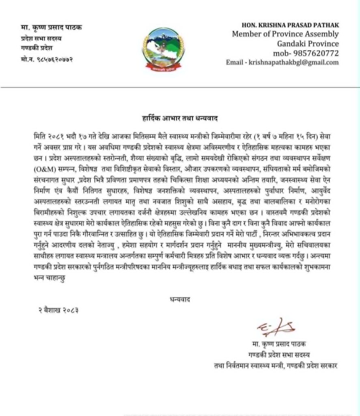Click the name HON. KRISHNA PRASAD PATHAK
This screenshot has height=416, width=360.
coord(290,25)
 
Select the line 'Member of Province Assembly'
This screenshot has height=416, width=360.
coord(285,34)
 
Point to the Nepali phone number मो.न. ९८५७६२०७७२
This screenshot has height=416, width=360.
coord(47,60)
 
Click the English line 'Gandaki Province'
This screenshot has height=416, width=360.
coord(308,43)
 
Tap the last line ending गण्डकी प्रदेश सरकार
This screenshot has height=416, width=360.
coord(276,366)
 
